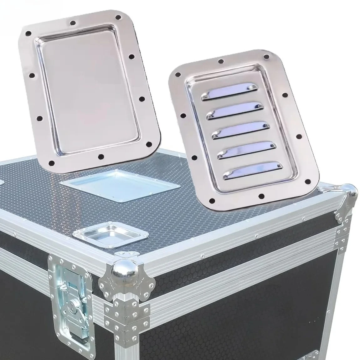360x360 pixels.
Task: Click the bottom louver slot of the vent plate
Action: coord(249,172)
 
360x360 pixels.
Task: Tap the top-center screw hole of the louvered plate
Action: coord(221,61)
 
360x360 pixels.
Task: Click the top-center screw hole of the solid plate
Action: coord(73,23)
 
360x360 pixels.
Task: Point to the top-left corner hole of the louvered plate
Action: coord(177,74)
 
